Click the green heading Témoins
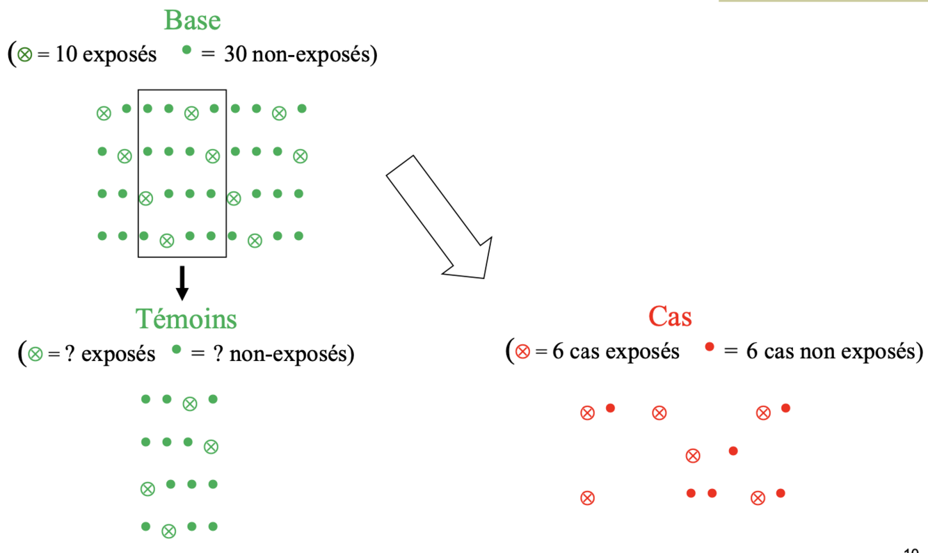[186, 319]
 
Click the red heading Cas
[670, 316]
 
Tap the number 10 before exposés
[65, 55]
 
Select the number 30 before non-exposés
[235, 55]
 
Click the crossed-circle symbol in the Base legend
[24, 56]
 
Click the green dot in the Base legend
[186, 50]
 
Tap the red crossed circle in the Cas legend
[522, 352]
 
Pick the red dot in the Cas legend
[709, 346]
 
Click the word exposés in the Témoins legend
[118, 354]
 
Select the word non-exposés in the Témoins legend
[291, 354]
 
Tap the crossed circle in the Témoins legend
[35, 355]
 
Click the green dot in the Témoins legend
[176, 349]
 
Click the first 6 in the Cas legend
[557, 351]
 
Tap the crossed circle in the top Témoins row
[189, 403]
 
